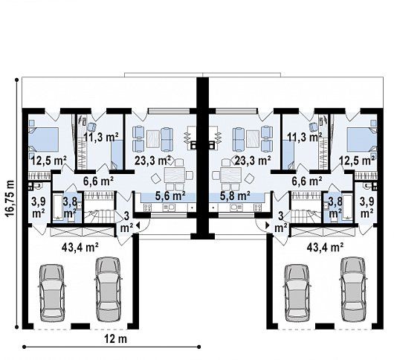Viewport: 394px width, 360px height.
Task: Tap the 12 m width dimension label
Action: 115,339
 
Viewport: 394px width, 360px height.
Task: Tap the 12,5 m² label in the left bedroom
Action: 49,160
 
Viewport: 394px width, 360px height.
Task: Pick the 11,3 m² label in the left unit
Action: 101,138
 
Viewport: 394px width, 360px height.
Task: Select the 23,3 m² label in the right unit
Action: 253,160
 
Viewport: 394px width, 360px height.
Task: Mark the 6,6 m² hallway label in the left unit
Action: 98,181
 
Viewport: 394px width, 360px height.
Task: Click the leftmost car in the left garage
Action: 51,293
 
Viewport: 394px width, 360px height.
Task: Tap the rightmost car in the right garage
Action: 352,289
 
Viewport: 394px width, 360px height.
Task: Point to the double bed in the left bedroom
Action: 44,140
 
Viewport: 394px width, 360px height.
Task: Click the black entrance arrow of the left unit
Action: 138,225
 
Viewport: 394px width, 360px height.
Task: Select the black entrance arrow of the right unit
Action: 268,225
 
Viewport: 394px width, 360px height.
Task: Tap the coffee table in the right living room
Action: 252,139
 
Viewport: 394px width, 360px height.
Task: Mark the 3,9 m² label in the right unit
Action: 366,208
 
